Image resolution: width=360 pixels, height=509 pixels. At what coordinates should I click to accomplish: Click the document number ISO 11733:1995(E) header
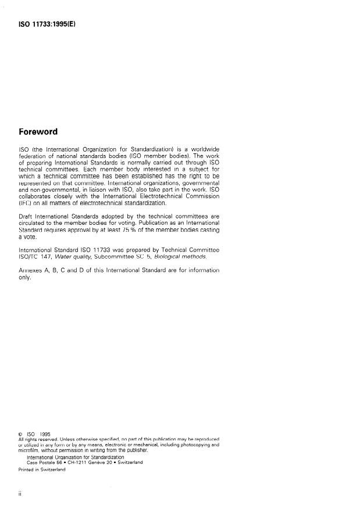point(51,25)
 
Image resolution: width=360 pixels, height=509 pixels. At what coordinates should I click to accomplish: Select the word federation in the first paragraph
point(34,156)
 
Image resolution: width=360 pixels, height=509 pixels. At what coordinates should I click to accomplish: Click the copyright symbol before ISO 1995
point(21,433)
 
